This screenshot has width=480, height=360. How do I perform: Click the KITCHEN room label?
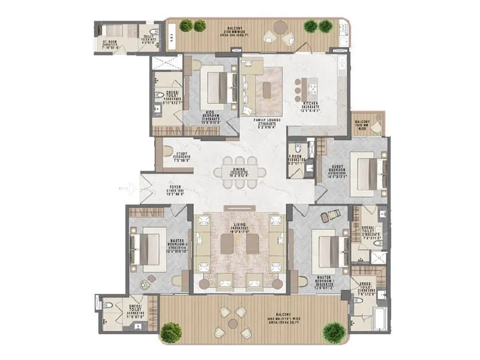click(x=310, y=105)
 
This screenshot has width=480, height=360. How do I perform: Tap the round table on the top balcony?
click(x=280, y=27)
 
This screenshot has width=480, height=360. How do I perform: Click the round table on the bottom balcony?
click(x=232, y=322)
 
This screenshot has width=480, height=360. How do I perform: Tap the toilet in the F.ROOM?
click(x=294, y=170)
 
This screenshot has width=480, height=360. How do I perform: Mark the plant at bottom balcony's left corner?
click(x=172, y=331)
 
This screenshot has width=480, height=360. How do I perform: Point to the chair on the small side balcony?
click(x=376, y=127)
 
